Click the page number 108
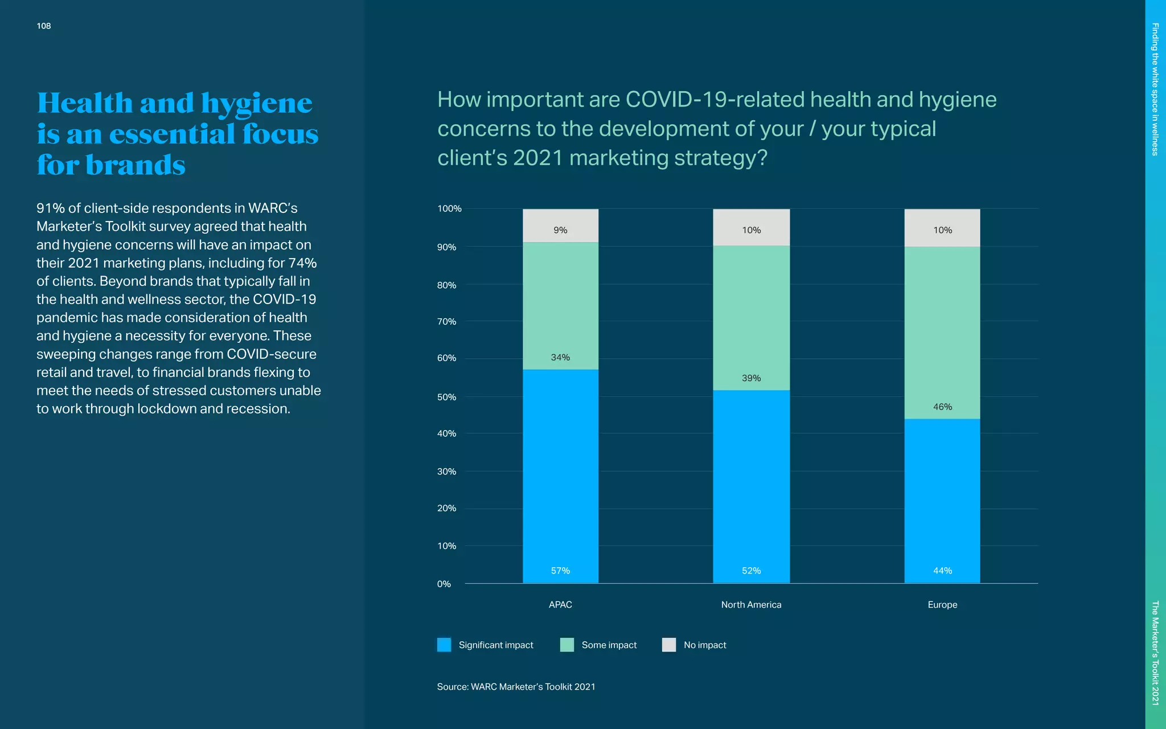(44, 26)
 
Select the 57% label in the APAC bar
(560, 571)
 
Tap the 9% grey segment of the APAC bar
(560, 226)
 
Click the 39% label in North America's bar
(751, 378)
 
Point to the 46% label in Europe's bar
(942, 407)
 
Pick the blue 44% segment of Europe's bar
(942, 501)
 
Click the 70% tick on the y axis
(447, 322)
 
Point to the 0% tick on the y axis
(444, 584)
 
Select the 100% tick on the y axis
(449, 208)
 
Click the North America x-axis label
(751, 605)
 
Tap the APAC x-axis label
(560, 605)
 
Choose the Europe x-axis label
(942, 605)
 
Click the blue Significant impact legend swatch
(444, 645)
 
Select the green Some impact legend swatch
(567, 645)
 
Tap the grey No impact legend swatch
(669, 645)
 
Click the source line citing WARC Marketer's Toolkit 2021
(516, 687)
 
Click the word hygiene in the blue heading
(256, 104)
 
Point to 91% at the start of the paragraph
(50, 208)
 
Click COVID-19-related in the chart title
(715, 100)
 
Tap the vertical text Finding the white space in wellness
(1155, 89)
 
